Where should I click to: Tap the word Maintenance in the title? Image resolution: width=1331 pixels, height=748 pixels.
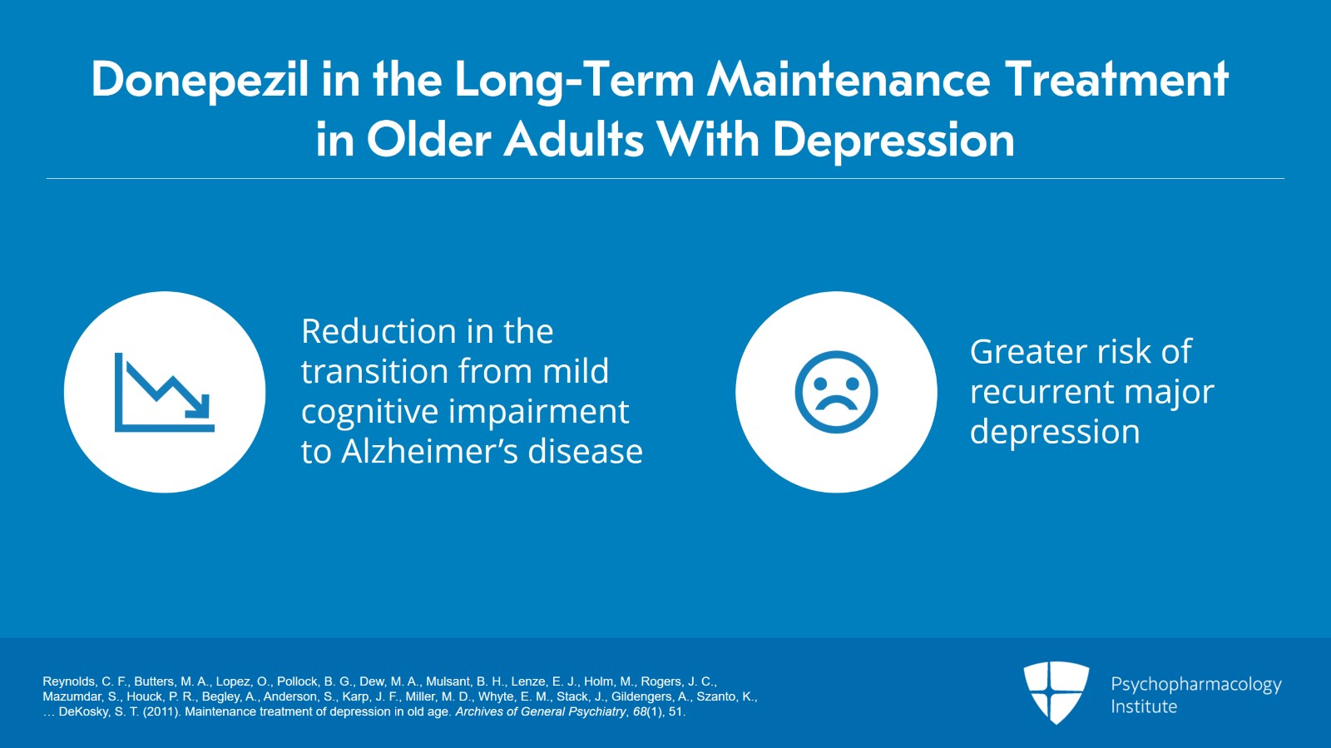pos(849,80)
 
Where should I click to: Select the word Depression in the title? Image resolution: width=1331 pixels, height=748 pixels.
pos(893,141)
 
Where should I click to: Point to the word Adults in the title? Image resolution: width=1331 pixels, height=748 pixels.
pos(573,140)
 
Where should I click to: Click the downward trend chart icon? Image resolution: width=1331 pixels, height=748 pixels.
pos(165,392)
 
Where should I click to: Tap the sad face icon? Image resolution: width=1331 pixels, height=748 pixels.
pos(836,392)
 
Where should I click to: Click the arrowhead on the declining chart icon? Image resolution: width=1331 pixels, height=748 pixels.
pos(198,406)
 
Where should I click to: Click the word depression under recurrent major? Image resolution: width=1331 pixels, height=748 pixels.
pos(1055,432)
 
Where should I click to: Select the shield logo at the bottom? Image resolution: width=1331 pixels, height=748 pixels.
pos(1056,692)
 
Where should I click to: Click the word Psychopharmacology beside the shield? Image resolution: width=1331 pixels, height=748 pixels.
pos(1196,685)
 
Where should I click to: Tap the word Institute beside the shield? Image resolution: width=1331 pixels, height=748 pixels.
pos(1144,706)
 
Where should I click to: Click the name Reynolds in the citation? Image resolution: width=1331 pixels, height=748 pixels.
pos(69,682)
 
